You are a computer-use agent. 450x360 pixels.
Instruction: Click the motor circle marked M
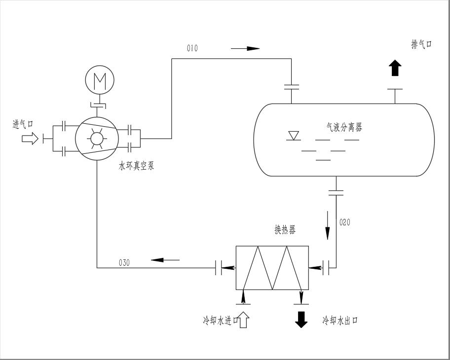(x=99, y=79)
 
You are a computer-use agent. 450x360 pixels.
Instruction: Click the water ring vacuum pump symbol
(x=96, y=138)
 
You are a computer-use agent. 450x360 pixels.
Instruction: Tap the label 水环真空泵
(x=137, y=166)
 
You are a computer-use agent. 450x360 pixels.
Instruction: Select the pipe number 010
(x=192, y=48)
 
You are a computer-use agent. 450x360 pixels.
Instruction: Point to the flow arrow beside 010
(x=245, y=48)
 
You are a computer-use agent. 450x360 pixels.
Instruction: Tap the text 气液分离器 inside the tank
(x=341, y=128)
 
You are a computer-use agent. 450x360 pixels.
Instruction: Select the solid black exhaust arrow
(x=394, y=68)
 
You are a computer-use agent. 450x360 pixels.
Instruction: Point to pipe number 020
(x=345, y=222)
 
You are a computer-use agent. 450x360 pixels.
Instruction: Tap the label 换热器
(x=285, y=230)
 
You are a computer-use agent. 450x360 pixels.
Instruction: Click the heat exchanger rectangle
(x=272, y=268)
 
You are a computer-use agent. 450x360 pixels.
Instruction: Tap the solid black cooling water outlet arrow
(x=301, y=320)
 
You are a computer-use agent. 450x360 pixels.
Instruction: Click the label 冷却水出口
(x=340, y=321)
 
